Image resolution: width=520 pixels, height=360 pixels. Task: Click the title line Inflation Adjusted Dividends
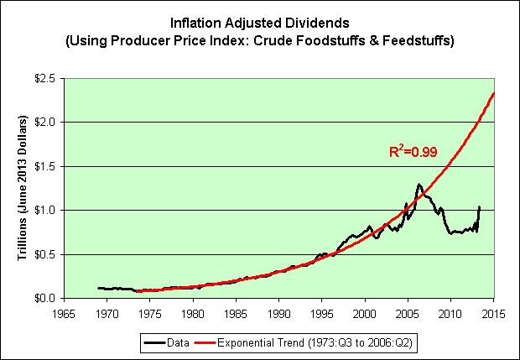(260, 23)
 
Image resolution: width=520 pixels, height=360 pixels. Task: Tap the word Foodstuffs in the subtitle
(353, 39)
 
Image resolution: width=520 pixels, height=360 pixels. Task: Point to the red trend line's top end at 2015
(493, 92)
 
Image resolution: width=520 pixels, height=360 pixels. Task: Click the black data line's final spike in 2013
(480, 206)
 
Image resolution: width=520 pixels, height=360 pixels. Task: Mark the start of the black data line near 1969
(99, 288)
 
